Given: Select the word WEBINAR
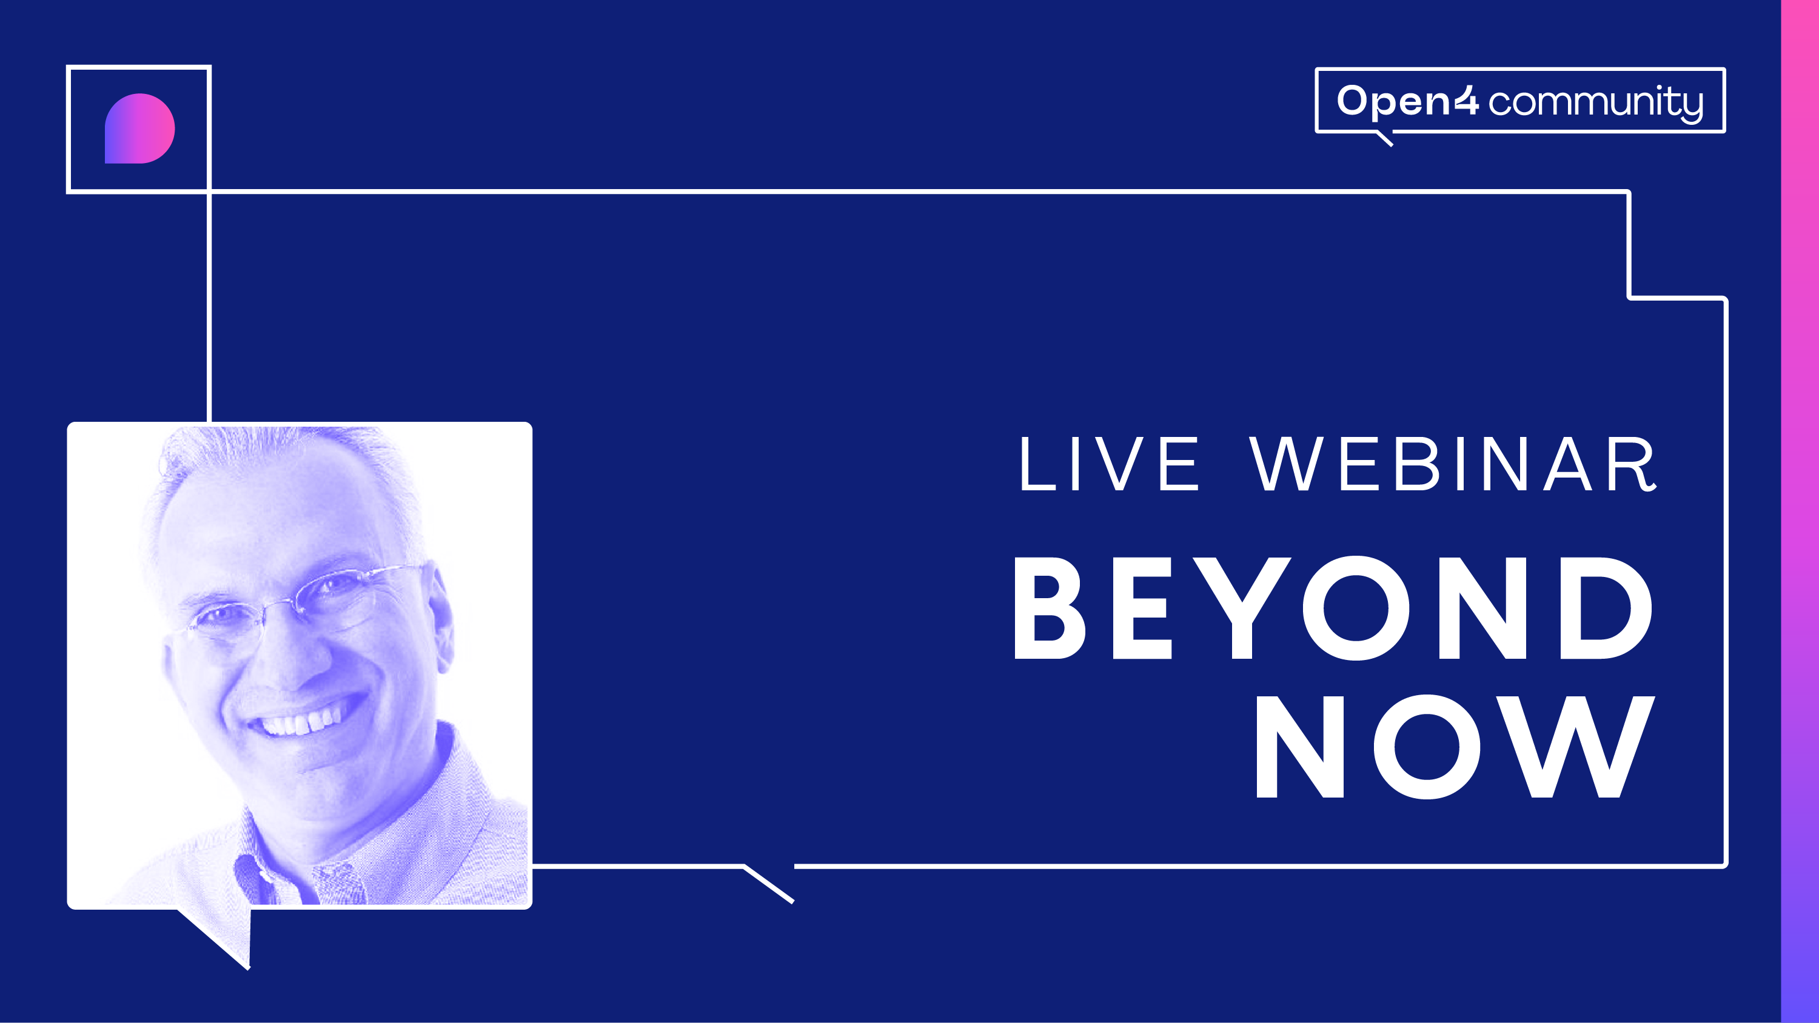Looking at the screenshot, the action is click(x=1453, y=463).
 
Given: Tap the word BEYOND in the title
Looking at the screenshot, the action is click(x=1333, y=608).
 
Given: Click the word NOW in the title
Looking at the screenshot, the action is click(x=1455, y=746).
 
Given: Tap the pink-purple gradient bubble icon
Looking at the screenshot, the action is click(x=140, y=128).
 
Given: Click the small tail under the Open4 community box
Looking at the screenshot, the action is click(x=1385, y=138).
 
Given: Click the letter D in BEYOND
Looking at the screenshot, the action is click(x=1606, y=608).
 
